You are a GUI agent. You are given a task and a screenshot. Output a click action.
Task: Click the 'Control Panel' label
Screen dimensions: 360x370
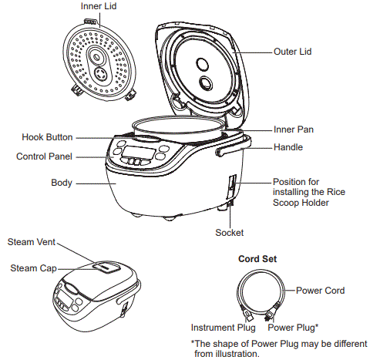coord(45,156)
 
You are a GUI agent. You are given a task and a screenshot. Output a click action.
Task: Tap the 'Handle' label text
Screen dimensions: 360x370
coord(288,147)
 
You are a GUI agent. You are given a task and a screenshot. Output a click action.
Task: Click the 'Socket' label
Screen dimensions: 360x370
coord(230,232)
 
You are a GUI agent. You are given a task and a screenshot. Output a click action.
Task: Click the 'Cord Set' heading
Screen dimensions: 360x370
coord(259,259)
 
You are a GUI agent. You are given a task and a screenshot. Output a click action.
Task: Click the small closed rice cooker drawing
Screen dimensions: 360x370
coord(92,291)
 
